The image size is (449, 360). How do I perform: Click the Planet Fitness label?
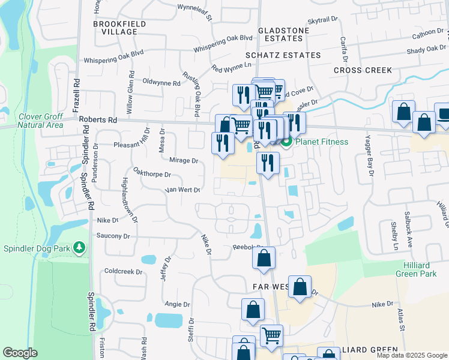tap(322, 142)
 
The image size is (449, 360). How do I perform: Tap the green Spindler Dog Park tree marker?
tap(78, 247)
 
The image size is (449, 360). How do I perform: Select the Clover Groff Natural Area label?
tap(40, 121)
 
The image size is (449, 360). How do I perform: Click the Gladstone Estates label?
tap(283, 34)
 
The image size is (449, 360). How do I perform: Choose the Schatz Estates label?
tap(290, 55)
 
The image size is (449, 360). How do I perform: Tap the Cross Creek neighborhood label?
tap(363, 70)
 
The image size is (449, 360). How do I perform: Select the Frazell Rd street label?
tap(76, 95)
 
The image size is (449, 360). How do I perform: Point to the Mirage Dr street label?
tap(184, 161)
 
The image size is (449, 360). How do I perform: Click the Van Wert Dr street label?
tap(182, 190)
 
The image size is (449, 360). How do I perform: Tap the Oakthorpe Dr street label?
tap(152, 172)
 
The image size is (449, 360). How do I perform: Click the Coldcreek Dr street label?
tap(122, 272)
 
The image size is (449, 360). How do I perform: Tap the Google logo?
tap(19, 353)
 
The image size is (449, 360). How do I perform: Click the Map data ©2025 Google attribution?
tap(411, 355)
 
